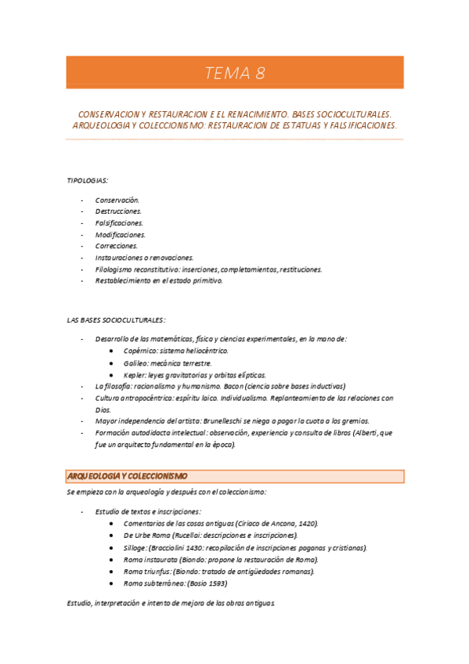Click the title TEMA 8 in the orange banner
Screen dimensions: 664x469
click(x=235, y=74)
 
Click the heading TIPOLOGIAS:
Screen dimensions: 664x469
click(x=87, y=180)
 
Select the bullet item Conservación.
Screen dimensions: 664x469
click(x=117, y=200)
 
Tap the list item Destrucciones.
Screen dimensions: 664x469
click(x=118, y=211)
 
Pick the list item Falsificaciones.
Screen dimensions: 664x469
click(x=119, y=223)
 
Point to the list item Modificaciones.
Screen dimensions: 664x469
click(x=120, y=235)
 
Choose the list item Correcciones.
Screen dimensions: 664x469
click(x=116, y=246)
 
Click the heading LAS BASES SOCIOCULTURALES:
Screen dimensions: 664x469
click(x=116, y=319)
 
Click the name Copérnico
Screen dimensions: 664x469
click(x=140, y=352)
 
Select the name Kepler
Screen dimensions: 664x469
click(x=135, y=375)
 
